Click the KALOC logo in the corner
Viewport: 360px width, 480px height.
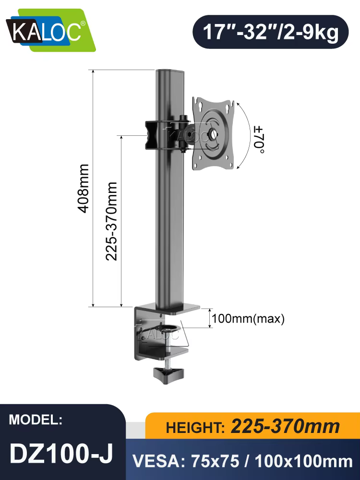click(51, 30)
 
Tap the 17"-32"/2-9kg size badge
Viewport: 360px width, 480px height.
click(271, 32)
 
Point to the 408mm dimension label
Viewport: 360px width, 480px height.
click(83, 188)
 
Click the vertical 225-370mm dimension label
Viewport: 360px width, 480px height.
click(111, 221)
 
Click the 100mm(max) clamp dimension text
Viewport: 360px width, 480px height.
click(248, 319)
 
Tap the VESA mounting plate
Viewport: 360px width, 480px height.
click(213, 133)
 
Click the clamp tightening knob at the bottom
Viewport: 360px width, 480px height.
click(168, 372)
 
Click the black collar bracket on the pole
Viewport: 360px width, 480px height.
click(152, 135)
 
